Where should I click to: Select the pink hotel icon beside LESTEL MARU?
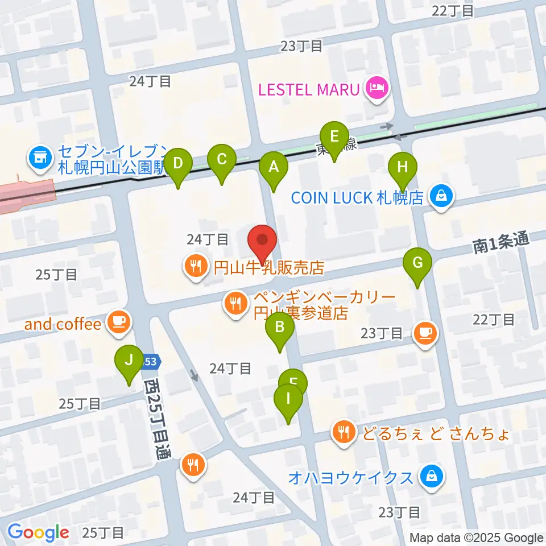(376, 89)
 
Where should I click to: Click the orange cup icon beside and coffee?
(118, 322)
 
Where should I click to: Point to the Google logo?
(38, 533)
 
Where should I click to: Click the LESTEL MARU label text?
(309, 89)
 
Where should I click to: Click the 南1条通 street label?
(500, 244)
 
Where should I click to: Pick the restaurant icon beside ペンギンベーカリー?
(235, 303)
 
